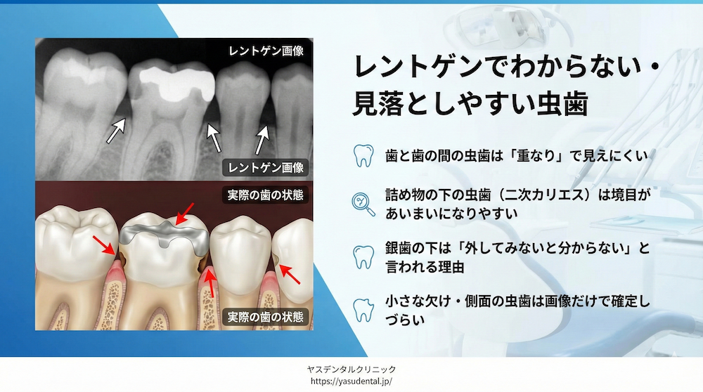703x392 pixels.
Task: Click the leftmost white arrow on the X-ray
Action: [116, 131]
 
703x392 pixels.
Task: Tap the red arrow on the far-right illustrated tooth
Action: [289, 273]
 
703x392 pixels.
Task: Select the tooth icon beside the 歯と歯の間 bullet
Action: [363, 155]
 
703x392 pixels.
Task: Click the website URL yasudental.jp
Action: [351, 381]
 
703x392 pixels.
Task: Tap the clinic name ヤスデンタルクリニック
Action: [351, 369]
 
